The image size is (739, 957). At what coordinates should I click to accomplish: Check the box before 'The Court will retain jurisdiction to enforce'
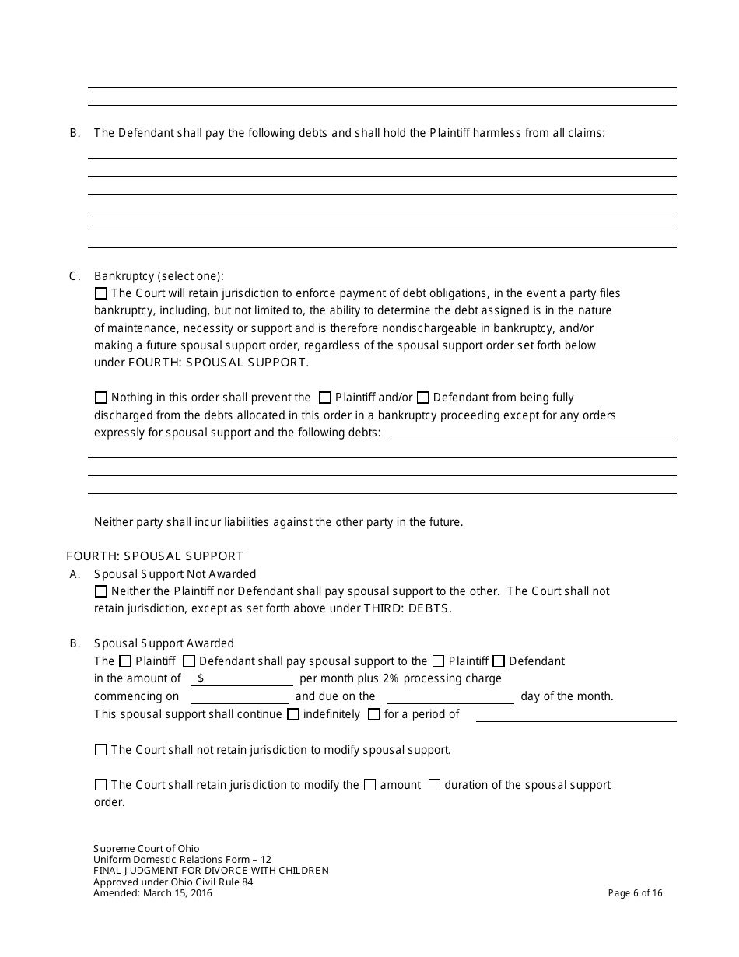pyautogui.click(x=101, y=294)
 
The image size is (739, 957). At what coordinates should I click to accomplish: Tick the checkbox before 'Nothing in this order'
pyautogui.click(x=101, y=398)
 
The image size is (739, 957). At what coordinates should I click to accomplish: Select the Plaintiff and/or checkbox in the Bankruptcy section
pyautogui.click(x=325, y=398)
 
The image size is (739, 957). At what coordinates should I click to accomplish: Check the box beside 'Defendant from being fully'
pyautogui.click(x=423, y=398)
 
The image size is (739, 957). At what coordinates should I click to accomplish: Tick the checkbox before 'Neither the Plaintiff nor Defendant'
pyautogui.click(x=101, y=591)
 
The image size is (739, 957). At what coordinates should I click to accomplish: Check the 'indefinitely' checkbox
pyautogui.click(x=293, y=714)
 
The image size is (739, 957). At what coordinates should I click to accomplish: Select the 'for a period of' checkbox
pyautogui.click(x=374, y=714)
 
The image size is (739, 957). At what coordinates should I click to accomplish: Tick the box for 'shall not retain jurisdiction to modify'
pyautogui.click(x=101, y=750)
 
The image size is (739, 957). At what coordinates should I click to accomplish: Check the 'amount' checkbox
pyautogui.click(x=370, y=785)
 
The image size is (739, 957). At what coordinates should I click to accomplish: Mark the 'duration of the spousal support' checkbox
pyautogui.click(x=435, y=785)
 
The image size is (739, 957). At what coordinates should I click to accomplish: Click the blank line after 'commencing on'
pyautogui.click(x=240, y=697)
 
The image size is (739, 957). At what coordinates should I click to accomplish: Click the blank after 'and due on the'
pyautogui.click(x=450, y=697)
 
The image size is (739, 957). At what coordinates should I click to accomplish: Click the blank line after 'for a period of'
pyautogui.click(x=576, y=715)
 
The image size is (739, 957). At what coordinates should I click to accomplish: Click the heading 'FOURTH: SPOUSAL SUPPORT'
pyautogui.click(x=156, y=556)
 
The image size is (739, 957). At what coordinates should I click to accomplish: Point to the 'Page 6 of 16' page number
pyautogui.click(x=636, y=893)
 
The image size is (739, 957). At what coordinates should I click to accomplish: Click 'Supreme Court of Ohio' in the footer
pyautogui.click(x=146, y=849)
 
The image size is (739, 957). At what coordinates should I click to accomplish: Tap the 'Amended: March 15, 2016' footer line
pyautogui.click(x=152, y=893)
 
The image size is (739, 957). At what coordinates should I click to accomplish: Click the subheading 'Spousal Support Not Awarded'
pyautogui.click(x=175, y=574)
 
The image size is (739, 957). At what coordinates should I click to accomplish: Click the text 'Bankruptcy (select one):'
pyautogui.click(x=159, y=276)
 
